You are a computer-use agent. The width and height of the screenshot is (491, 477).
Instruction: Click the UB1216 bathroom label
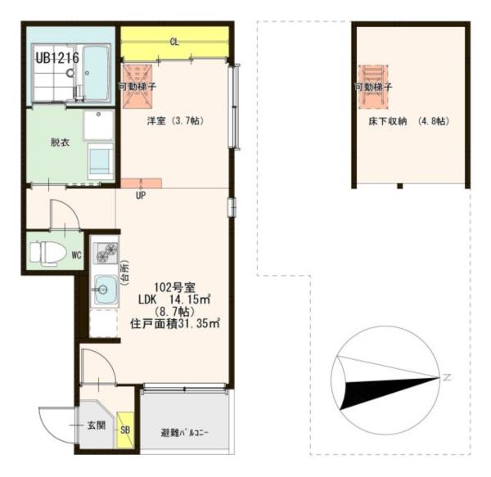click(57, 58)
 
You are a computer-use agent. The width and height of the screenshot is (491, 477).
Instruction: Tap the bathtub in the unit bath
click(96, 73)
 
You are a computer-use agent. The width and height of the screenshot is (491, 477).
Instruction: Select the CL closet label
click(174, 42)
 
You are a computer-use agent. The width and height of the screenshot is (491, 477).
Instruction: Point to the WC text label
click(76, 255)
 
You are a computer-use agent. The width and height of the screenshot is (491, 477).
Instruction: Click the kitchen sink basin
click(106, 289)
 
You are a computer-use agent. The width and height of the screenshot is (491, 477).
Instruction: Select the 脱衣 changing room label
click(60, 142)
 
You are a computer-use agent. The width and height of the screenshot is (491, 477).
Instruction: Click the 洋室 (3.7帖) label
click(175, 120)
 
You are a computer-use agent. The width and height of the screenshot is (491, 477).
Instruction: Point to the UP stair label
click(141, 196)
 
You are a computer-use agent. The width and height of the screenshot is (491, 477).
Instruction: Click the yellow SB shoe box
click(125, 430)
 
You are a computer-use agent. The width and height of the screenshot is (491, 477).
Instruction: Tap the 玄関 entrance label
click(96, 425)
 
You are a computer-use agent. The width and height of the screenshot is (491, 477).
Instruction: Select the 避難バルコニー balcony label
click(185, 433)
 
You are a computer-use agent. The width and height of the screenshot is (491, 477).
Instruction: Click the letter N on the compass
click(447, 377)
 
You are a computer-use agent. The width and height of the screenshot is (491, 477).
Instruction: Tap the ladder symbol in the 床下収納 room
click(373, 87)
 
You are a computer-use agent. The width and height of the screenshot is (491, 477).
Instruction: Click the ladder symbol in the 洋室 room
click(137, 87)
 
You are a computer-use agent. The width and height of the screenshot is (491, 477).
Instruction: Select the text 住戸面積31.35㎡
click(175, 323)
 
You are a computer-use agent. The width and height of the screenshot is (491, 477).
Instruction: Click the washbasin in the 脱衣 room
click(98, 125)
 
